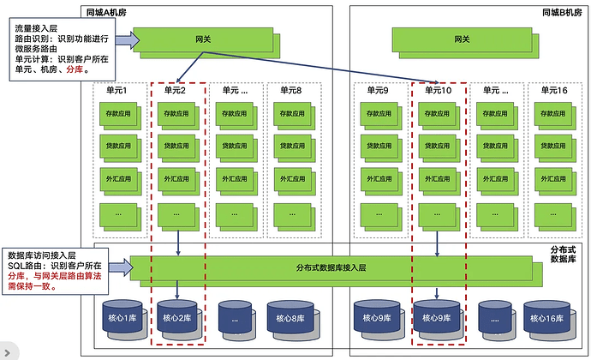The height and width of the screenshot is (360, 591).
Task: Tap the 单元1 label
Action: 116,90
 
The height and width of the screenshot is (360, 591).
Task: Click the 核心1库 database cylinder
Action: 118,318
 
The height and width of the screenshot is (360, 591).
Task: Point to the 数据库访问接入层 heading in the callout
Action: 42,255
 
